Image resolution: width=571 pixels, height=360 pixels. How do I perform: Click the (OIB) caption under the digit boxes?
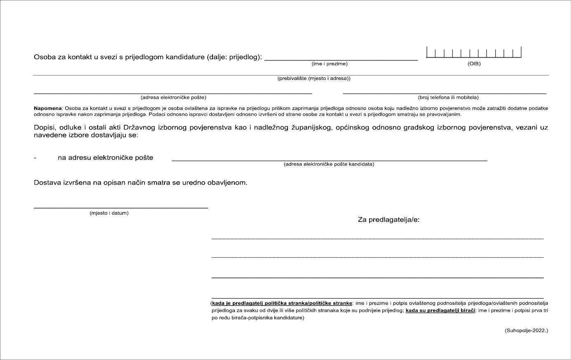(x=474, y=64)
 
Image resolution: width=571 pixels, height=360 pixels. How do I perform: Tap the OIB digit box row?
(x=474, y=53)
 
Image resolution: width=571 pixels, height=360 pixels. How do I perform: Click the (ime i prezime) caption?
(x=330, y=64)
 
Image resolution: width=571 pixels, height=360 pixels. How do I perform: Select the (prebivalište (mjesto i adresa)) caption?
(x=314, y=78)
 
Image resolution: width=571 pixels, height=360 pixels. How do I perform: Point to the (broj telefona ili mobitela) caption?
(x=448, y=98)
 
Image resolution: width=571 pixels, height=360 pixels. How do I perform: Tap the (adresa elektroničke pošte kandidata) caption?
(x=329, y=164)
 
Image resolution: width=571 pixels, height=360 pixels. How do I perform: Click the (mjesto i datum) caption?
(x=109, y=213)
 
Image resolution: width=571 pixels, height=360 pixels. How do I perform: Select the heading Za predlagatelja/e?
(x=388, y=220)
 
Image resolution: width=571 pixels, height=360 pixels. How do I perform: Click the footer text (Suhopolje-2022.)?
(x=526, y=330)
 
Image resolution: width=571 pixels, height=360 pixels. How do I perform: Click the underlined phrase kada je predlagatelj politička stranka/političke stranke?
(x=282, y=303)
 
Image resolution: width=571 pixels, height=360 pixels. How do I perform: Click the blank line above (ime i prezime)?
(x=341, y=60)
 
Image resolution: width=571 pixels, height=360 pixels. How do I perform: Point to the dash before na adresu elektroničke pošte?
(x=35, y=158)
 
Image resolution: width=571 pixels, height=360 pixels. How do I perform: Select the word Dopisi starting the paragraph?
(x=44, y=128)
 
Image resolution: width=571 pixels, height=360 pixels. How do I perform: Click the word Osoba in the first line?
(x=44, y=57)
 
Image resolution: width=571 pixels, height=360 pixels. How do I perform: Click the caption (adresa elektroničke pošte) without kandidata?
(x=173, y=98)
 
